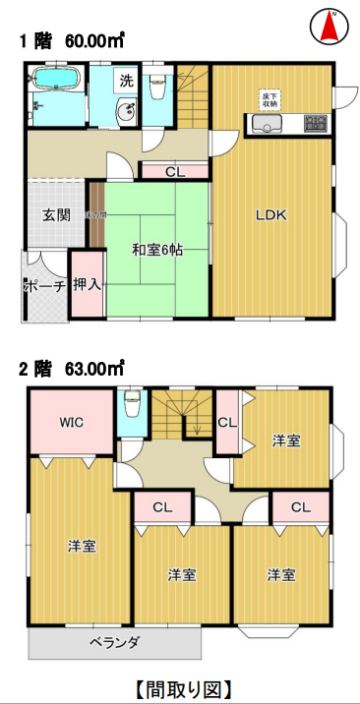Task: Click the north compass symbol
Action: tap(332, 27)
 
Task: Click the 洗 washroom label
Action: tap(126, 80)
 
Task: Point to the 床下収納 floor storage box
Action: tap(270, 98)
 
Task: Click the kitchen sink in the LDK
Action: tap(267, 124)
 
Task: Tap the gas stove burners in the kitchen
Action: tap(316, 124)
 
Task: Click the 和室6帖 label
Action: tap(157, 250)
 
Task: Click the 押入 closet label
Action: tap(87, 285)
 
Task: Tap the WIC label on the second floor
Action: tap(71, 422)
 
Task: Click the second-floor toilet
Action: tap(133, 405)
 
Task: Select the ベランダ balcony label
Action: tap(115, 642)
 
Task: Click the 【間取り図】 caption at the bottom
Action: tap(180, 686)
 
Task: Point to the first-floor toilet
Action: tap(157, 90)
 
